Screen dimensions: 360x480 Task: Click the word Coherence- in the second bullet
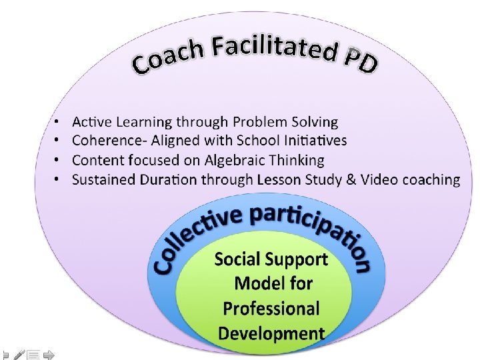coord(107,141)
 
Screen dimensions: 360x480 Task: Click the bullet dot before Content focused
coord(58,160)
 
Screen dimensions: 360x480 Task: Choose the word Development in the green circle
coord(271,333)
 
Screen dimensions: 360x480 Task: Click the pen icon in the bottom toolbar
coord(19,355)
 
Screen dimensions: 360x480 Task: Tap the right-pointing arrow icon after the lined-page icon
coord(49,355)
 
